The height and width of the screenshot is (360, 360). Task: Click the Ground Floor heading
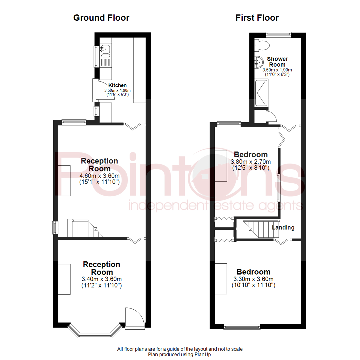point(101,18)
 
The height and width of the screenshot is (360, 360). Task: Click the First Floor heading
point(257,18)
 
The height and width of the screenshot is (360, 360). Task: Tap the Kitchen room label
point(117,86)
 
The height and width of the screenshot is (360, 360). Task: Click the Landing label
point(283,228)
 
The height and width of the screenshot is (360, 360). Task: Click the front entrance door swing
point(134,317)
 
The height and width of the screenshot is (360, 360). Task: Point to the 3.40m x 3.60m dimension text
point(101,279)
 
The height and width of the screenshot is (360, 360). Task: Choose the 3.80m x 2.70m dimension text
point(251,162)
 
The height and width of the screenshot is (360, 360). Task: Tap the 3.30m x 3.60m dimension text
point(253,279)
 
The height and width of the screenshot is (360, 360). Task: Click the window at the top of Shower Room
point(278,34)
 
